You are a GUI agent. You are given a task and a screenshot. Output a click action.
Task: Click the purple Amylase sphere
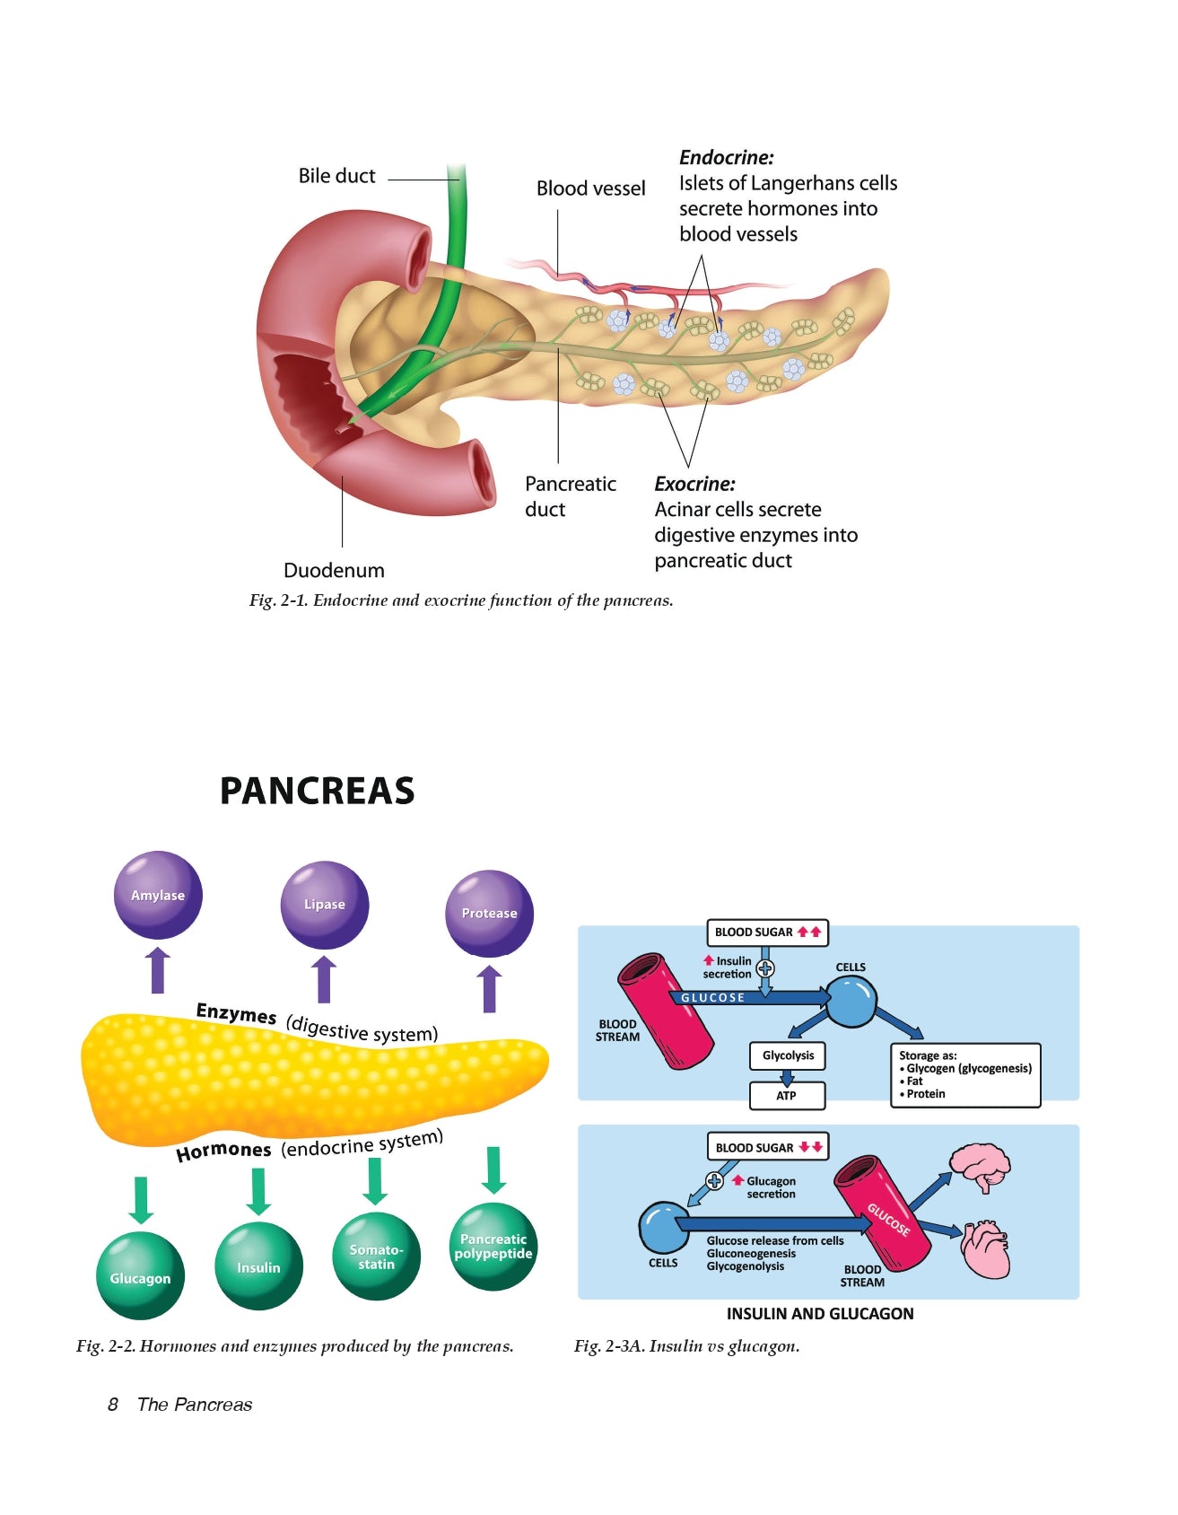click(158, 895)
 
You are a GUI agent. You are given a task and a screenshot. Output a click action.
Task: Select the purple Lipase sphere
click(324, 904)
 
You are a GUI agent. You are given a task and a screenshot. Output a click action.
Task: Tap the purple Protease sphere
click(489, 913)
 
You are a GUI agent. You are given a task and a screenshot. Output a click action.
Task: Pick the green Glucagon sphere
click(140, 1275)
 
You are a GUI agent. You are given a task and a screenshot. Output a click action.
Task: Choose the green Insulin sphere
click(258, 1265)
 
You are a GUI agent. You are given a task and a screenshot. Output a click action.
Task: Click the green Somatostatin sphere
click(376, 1256)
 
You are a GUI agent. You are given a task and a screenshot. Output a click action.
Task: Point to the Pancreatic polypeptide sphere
click(493, 1246)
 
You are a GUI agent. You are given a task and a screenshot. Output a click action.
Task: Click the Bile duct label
click(336, 176)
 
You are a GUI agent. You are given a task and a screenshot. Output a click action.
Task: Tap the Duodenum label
click(334, 571)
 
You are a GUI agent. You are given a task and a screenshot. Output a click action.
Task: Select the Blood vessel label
click(590, 188)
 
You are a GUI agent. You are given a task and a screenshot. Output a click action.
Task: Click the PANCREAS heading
click(317, 791)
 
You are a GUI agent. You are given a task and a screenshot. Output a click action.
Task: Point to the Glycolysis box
click(788, 1055)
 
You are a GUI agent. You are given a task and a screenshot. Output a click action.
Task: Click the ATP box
click(787, 1095)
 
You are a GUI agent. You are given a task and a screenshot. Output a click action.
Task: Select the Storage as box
click(965, 1074)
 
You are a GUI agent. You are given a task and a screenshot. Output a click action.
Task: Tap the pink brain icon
click(981, 1166)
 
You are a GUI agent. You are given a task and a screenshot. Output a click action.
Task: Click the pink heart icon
click(985, 1248)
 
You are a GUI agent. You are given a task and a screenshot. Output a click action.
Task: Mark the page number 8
click(113, 1405)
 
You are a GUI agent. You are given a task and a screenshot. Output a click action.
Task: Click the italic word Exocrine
click(694, 484)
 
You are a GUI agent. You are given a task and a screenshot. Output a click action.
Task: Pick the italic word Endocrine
click(726, 158)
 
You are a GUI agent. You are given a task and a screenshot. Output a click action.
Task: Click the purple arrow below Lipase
click(324, 979)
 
